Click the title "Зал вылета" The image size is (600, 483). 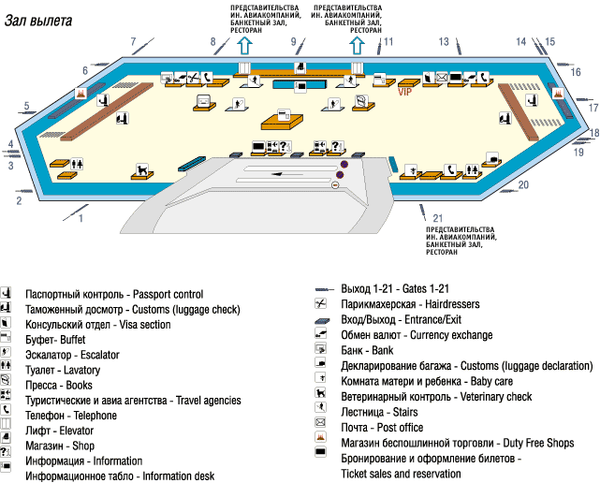pos(37,22)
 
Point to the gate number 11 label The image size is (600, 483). pos(388,41)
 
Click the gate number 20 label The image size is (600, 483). pos(524,184)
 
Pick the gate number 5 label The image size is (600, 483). pos(27,106)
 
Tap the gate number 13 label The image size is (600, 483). pos(445,42)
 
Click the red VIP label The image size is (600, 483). pos(405,92)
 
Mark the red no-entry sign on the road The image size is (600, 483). pos(336,184)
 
